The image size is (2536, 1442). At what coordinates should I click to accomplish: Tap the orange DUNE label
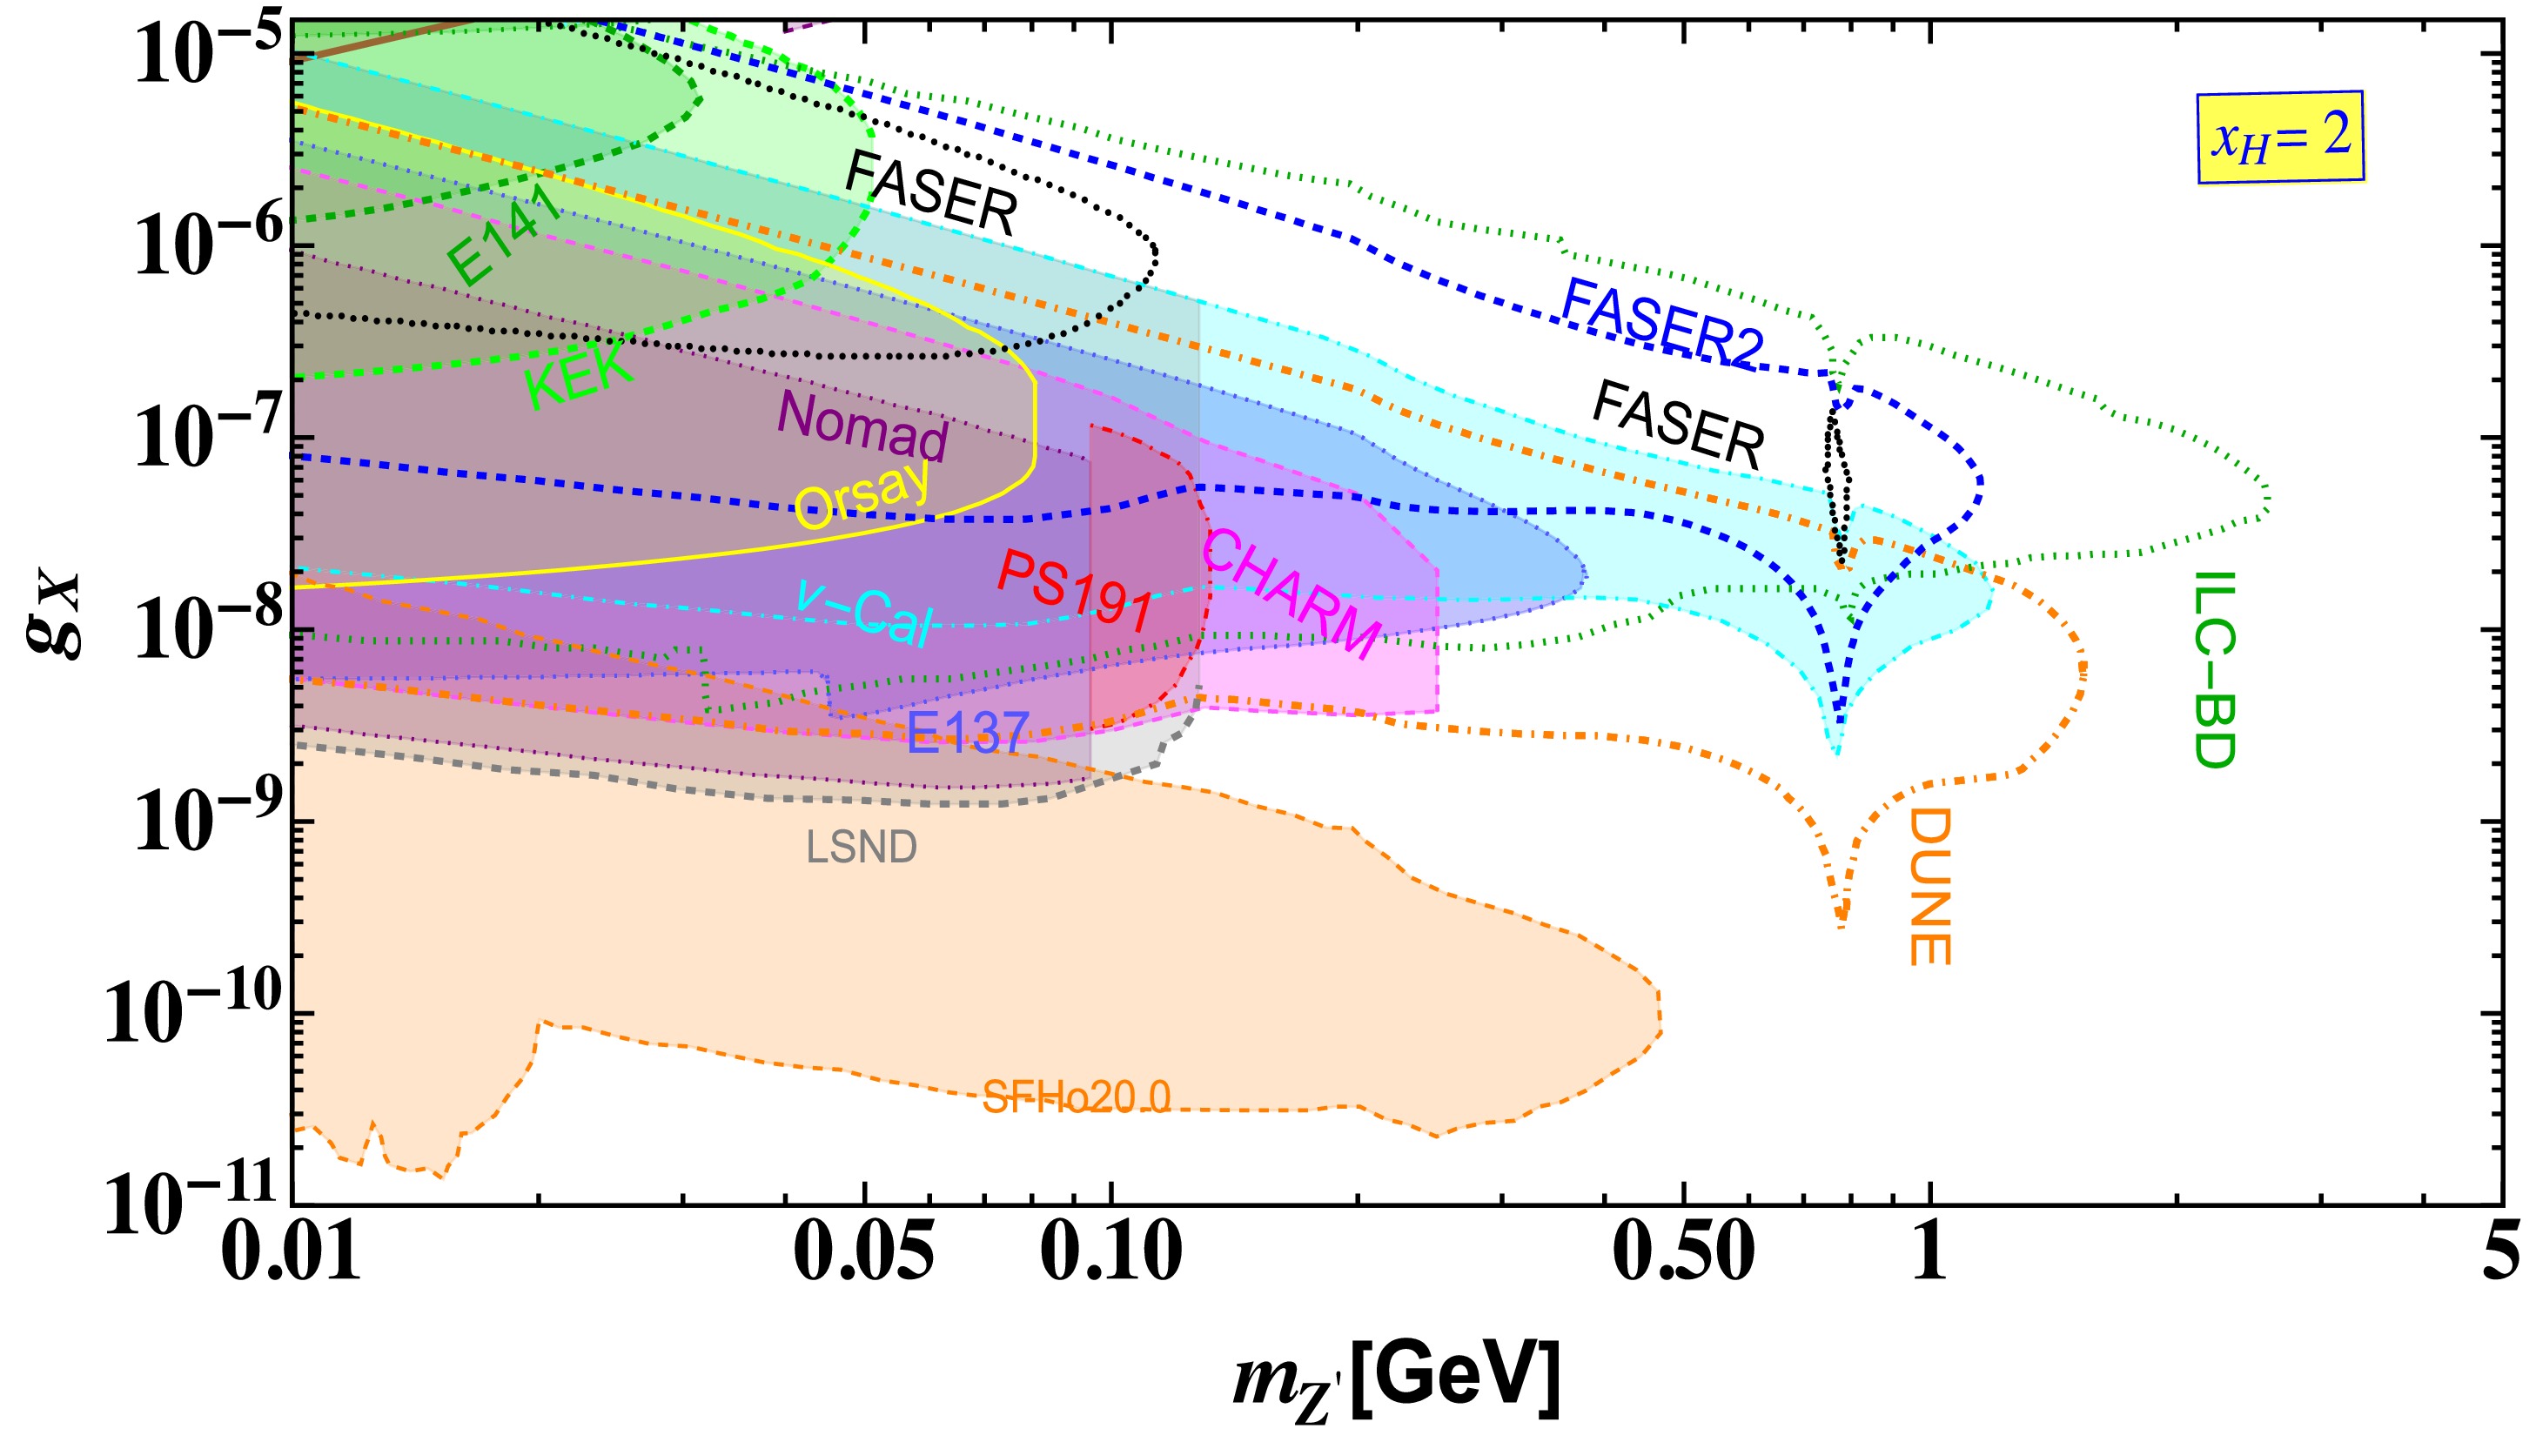click(x=1929, y=887)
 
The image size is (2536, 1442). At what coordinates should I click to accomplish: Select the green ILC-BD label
click(x=2214, y=669)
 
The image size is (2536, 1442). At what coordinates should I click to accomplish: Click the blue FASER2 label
click(x=1661, y=323)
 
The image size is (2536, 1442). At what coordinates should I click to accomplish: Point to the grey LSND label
click(x=862, y=847)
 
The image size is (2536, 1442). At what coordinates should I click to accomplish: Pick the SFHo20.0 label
click(x=1077, y=1097)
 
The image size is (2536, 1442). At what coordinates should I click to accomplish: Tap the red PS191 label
click(x=1076, y=591)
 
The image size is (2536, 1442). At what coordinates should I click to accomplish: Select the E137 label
click(x=969, y=732)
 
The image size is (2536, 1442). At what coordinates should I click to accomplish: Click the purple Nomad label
click(x=862, y=425)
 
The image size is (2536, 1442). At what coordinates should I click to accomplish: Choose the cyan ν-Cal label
click(x=864, y=611)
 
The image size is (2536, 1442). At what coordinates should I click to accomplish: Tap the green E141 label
click(x=504, y=234)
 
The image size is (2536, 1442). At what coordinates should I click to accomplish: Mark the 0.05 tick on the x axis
click(x=864, y=1251)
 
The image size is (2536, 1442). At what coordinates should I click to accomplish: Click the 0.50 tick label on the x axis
click(x=1683, y=1251)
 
